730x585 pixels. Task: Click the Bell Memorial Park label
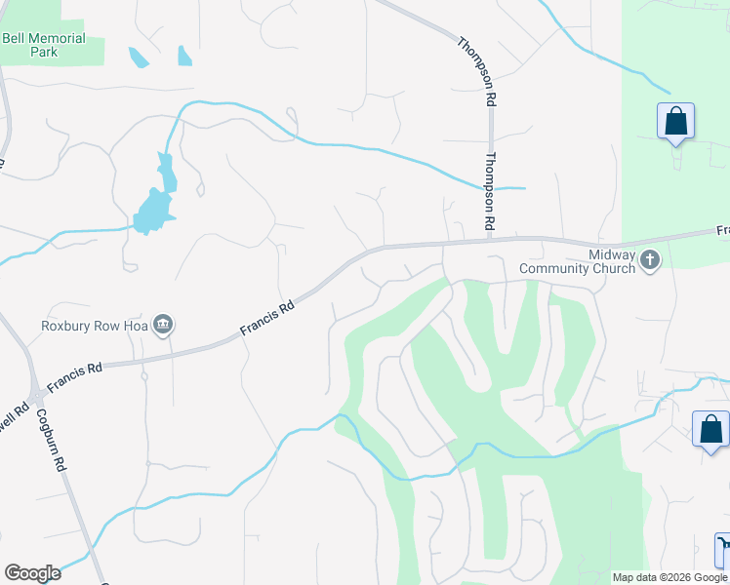[44, 45]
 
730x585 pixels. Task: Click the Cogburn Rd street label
[50, 439]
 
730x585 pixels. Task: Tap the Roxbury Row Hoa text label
[94, 326]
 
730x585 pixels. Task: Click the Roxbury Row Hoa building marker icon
[163, 325]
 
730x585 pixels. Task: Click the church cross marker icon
[650, 259]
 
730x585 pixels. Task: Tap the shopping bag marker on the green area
[675, 122]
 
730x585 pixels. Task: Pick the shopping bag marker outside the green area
[710, 429]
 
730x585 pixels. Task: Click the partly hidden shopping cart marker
[723, 549]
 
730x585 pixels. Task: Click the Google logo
[32, 573]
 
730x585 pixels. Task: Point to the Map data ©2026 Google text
[669, 577]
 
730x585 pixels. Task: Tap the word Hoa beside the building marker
[136, 326]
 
